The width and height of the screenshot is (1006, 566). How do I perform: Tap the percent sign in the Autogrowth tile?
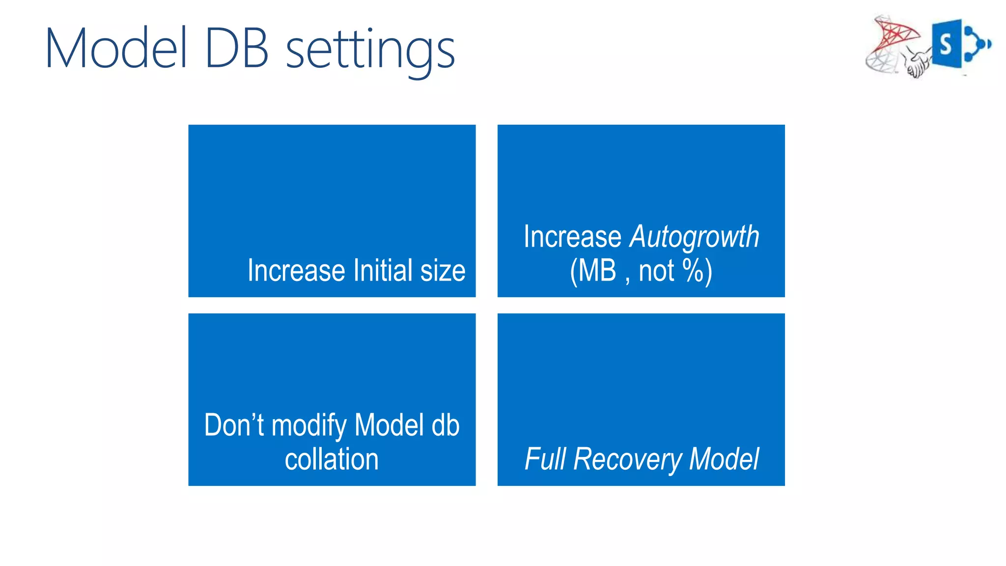click(x=693, y=271)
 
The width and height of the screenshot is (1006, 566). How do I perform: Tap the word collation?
click(x=332, y=459)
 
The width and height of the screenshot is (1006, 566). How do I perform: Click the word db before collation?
click(x=445, y=425)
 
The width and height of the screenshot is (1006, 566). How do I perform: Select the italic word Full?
click(x=545, y=459)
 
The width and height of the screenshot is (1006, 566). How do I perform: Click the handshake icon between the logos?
click(x=918, y=64)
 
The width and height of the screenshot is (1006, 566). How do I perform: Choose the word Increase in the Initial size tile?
click(x=296, y=271)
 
